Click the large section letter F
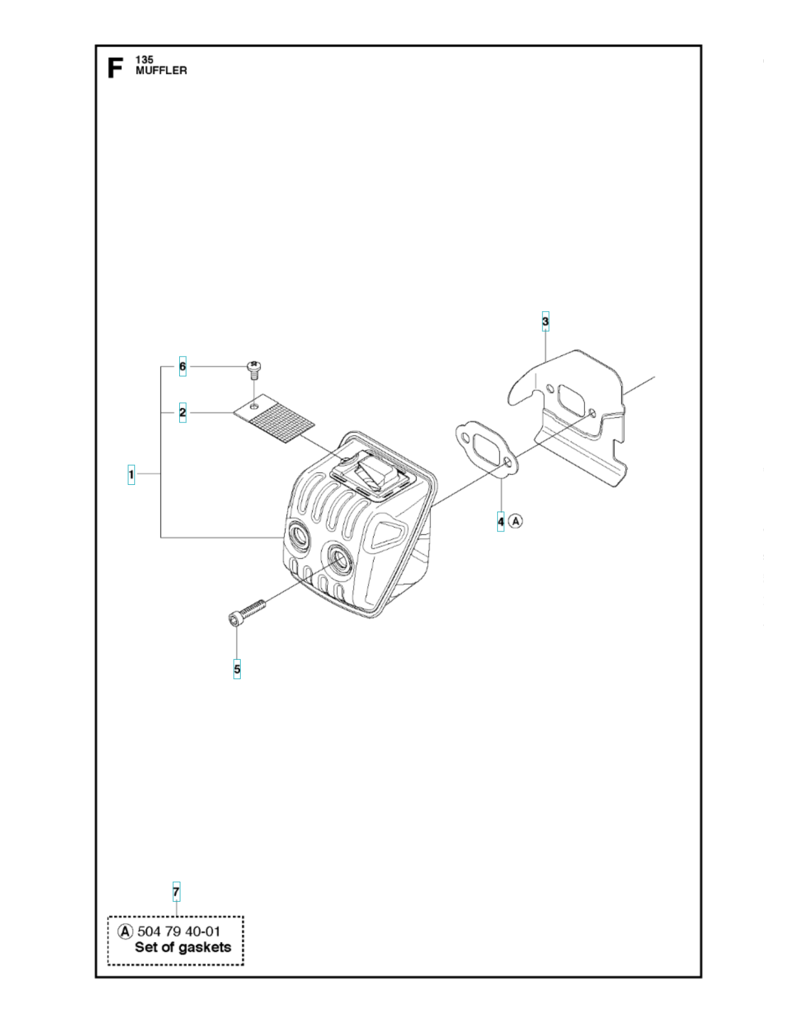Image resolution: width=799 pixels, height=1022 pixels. click(115, 68)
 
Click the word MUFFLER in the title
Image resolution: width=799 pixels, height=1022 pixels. click(161, 70)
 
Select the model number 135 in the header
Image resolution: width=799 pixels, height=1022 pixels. click(144, 60)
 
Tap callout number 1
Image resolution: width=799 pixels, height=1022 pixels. click(132, 474)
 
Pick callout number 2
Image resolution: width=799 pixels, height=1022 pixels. click(183, 412)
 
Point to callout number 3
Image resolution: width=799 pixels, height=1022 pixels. click(545, 321)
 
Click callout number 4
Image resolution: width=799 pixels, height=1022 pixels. click(501, 521)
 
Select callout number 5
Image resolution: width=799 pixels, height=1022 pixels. click(237, 669)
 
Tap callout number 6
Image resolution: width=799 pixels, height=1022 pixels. click(183, 367)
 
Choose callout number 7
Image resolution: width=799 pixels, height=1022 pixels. click(176, 892)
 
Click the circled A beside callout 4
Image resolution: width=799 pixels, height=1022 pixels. click(515, 521)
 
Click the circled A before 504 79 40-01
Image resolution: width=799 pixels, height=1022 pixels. click(125, 932)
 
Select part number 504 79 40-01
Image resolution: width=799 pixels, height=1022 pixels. click(179, 932)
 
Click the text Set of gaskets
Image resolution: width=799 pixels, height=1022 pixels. click(183, 948)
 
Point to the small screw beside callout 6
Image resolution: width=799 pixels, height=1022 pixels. click(254, 368)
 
